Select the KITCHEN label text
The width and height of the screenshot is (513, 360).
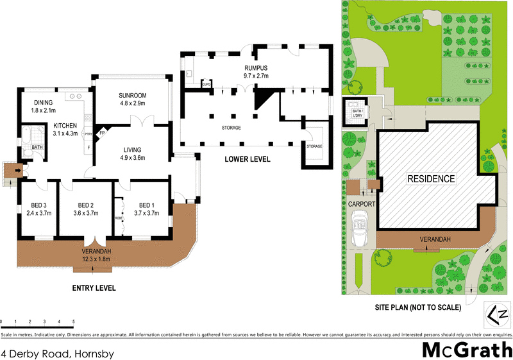tap(65, 125)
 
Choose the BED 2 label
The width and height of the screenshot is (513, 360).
tap(85, 205)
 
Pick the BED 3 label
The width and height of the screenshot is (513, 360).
tap(39, 205)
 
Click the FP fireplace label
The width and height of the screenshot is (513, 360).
tap(102, 133)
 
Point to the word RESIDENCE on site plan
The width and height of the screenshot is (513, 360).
tap(431, 179)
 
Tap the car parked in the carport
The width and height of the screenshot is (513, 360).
tap(360, 232)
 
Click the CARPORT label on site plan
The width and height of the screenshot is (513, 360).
tap(361, 203)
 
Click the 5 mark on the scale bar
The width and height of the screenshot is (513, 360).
tap(73, 321)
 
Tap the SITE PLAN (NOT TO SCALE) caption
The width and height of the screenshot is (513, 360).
tap(418, 307)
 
